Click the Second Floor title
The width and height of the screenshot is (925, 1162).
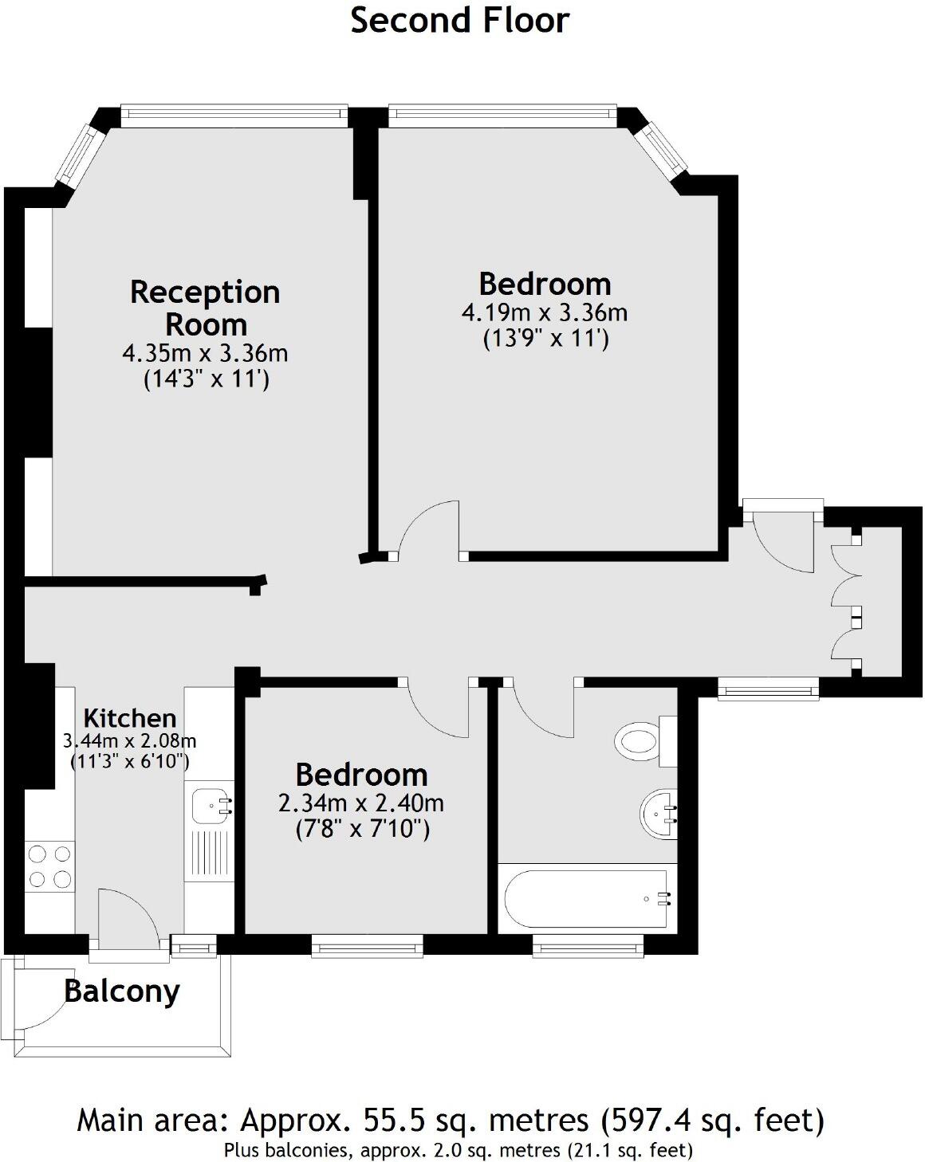click(460, 21)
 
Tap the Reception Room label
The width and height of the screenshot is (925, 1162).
click(205, 308)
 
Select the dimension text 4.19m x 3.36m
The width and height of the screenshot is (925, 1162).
click(545, 312)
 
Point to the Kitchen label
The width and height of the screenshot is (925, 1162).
click(130, 716)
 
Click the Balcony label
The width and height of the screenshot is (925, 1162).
click(122, 991)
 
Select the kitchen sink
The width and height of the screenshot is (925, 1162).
click(208, 805)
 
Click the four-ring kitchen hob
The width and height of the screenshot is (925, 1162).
click(49, 867)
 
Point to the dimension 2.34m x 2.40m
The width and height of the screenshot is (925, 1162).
click(361, 803)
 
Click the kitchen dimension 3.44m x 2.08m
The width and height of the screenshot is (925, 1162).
click(130, 741)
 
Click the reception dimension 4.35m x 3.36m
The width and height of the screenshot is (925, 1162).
click(205, 352)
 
